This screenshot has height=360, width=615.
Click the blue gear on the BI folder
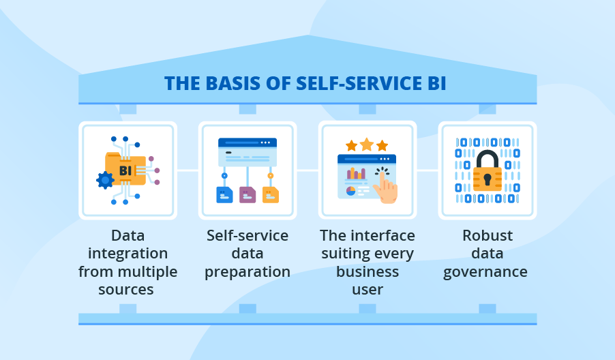click(105, 180)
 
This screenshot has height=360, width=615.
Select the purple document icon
click(247, 195)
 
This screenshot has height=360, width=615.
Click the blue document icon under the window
click(224, 195)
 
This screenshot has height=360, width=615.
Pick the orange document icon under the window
click(271, 195)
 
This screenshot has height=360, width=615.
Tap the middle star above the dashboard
click(367, 144)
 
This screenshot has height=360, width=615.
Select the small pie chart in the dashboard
click(351, 191)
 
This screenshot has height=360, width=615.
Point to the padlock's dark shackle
click(487, 159)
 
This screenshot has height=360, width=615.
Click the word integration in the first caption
click(127, 254)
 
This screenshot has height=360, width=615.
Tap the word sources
click(127, 289)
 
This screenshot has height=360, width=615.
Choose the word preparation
click(247, 271)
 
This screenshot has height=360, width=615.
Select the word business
click(367, 271)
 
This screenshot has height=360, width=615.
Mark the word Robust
click(487, 236)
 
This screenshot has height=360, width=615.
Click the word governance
click(485, 271)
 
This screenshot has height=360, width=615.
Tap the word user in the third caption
click(367, 289)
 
